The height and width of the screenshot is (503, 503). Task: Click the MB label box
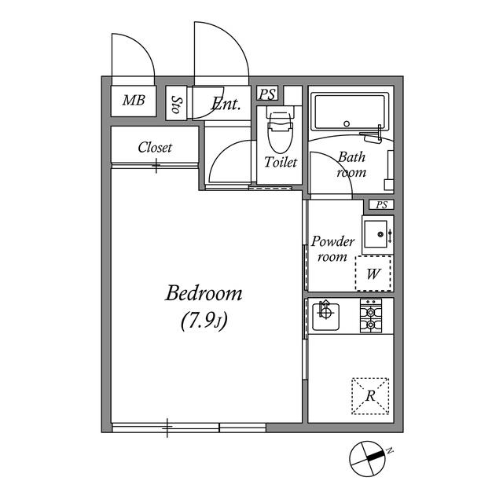[133, 101]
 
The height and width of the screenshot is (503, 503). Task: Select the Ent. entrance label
[226, 102]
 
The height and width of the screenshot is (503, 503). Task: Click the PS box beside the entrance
[267, 94]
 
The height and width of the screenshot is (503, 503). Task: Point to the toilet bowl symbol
[280, 131]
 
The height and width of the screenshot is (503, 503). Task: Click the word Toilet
[281, 163]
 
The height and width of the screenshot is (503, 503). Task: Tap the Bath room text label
[351, 164]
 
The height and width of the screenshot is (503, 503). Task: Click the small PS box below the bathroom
[382, 205]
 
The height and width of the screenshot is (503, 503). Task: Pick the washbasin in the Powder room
[377, 234]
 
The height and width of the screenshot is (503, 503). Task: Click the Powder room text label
[333, 249]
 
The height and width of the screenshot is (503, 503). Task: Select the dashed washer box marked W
[373, 274]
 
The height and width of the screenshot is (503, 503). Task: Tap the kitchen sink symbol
[323, 316]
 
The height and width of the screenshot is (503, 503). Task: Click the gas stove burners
[370, 316]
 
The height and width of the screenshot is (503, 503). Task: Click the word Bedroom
[204, 294]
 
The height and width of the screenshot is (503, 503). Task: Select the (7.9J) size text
[204, 321]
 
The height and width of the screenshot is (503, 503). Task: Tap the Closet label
[155, 147]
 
